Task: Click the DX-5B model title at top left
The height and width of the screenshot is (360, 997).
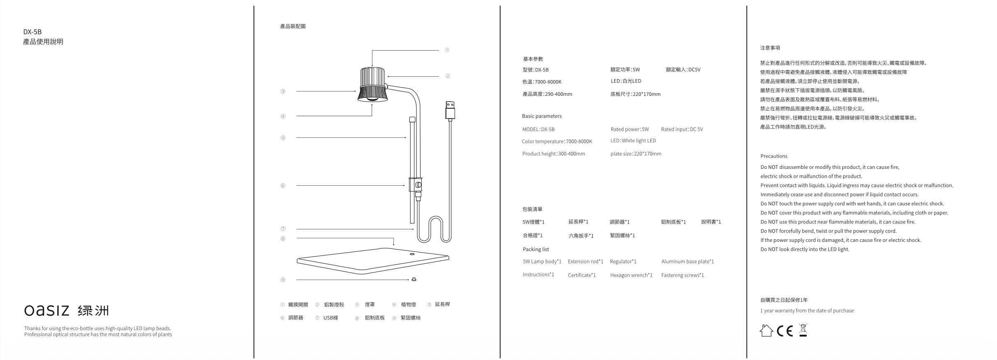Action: point(32,32)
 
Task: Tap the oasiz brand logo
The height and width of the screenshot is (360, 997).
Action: point(66,310)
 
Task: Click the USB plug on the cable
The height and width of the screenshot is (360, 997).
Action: point(450,110)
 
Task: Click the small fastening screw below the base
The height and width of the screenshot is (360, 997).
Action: point(413,280)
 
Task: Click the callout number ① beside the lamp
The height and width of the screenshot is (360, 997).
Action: point(447,50)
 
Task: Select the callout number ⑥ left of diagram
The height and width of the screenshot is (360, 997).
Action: point(283,186)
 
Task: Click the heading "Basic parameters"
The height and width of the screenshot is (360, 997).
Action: point(542,116)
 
